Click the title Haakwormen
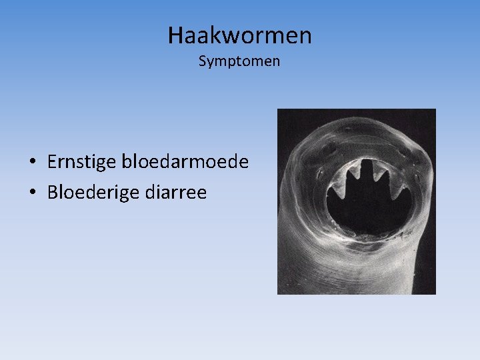239,35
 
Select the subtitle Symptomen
239,61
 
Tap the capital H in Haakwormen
176,35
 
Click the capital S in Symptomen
203,61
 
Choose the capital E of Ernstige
53,162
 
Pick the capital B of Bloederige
53,193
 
